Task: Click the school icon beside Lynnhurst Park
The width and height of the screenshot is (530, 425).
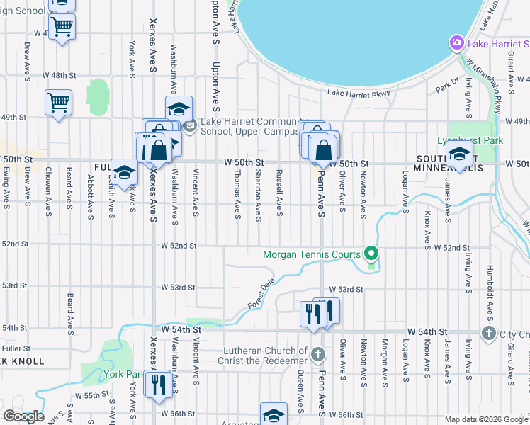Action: point(459,153)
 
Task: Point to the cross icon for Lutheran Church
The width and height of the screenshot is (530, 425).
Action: point(317,353)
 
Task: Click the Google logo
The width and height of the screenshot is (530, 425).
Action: point(23,416)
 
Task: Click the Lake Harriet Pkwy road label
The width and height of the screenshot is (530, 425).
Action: point(359,92)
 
